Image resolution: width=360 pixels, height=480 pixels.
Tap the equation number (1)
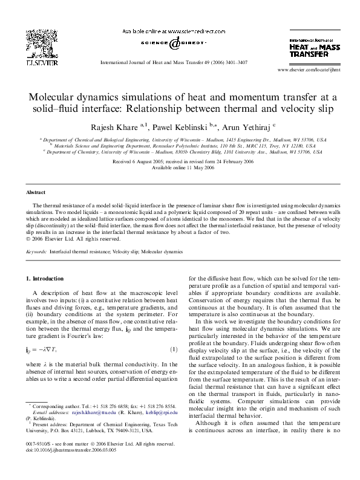173,351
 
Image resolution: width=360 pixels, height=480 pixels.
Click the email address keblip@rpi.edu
163,429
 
